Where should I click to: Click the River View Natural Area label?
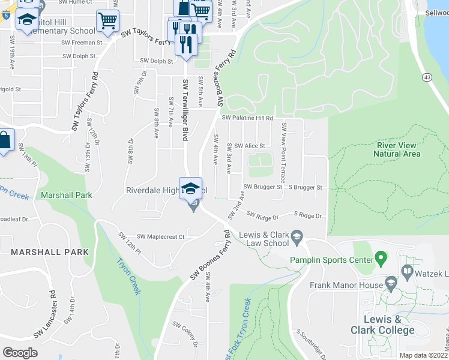pyautogui.click(x=396, y=149)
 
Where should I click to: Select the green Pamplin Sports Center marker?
pyautogui.click(x=379, y=259)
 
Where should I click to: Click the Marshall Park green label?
pyautogui.click(x=67, y=195)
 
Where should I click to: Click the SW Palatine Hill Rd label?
pyautogui.click(x=247, y=118)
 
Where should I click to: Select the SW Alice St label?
pyautogui.click(x=249, y=146)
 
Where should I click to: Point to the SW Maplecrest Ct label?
pyautogui.click(x=160, y=237)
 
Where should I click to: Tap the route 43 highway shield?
pyautogui.click(x=427, y=77)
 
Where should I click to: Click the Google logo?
pyautogui.click(x=20, y=352)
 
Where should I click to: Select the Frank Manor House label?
pyautogui.click(x=346, y=285)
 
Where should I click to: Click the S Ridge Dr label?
pyautogui.click(x=308, y=215)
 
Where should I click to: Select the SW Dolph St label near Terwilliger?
pyautogui.click(x=157, y=61)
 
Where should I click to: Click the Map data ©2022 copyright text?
pyautogui.click(x=423, y=355)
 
